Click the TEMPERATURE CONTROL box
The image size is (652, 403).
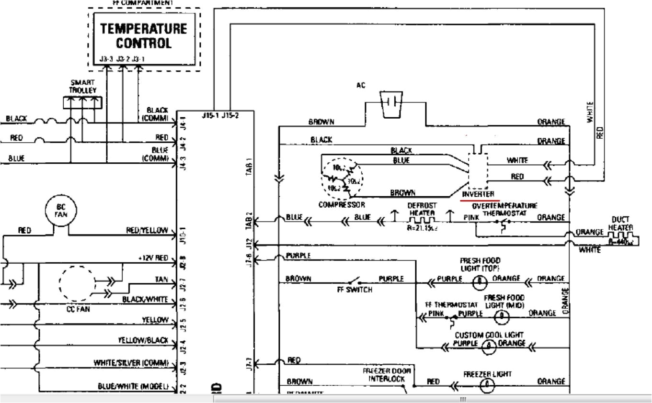pyautogui.click(x=144, y=40)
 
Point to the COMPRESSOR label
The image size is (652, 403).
pyautogui.click(x=342, y=205)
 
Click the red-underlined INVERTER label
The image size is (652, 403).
pyautogui.click(x=478, y=195)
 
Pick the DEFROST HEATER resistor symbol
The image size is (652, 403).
pyautogui.click(x=422, y=222)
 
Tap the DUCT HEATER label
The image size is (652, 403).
pyautogui.click(x=621, y=224)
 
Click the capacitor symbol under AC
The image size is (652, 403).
pyautogui.click(x=391, y=104)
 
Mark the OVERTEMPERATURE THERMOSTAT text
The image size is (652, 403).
pyautogui.click(x=504, y=209)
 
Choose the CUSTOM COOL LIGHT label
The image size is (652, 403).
pyautogui.click(x=489, y=335)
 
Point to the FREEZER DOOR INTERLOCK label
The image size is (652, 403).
pyautogui.click(x=387, y=375)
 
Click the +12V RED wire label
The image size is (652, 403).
pyautogui.click(x=153, y=258)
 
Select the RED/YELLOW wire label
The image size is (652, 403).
pyautogui.click(x=147, y=231)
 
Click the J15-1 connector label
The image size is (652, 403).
pyautogui.click(x=211, y=115)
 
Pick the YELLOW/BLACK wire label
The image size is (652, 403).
pyautogui.click(x=143, y=340)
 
